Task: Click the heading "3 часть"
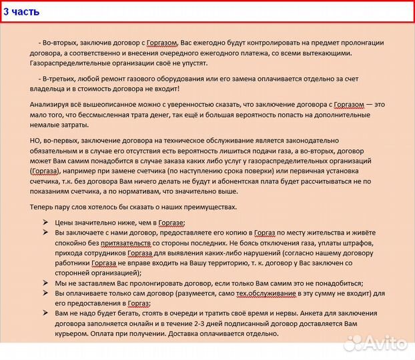point(21,12)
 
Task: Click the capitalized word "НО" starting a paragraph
point(35,140)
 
